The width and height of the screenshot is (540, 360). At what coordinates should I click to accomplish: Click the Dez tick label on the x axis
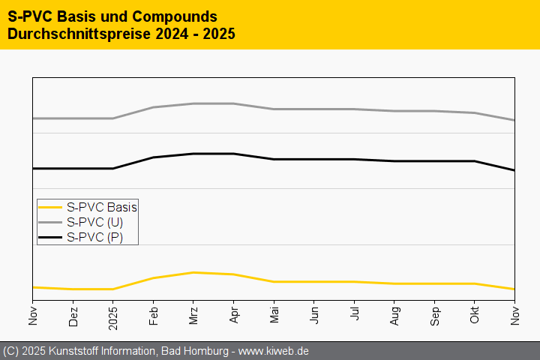click(73, 318)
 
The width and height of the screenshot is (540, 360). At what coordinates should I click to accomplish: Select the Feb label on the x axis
click(154, 317)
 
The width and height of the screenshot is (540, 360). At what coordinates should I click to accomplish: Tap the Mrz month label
click(193, 317)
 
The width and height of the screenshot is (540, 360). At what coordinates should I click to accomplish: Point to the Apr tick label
click(234, 317)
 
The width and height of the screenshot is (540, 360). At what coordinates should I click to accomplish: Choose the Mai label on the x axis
click(274, 317)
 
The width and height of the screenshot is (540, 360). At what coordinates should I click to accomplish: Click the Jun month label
click(314, 317)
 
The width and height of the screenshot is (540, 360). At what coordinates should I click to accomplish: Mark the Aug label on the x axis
click(394, 317)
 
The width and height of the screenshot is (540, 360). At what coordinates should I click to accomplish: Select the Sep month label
click(435, 317)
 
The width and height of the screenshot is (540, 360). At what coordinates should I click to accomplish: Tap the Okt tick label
click(475, 317)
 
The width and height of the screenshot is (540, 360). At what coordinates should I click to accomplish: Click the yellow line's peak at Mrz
click(193, 272)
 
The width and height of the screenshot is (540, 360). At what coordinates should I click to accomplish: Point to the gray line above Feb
click(154, 107)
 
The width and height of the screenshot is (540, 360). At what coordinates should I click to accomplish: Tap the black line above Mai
click(274, 159)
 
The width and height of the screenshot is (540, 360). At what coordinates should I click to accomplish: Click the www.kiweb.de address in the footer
click(272, 351)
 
